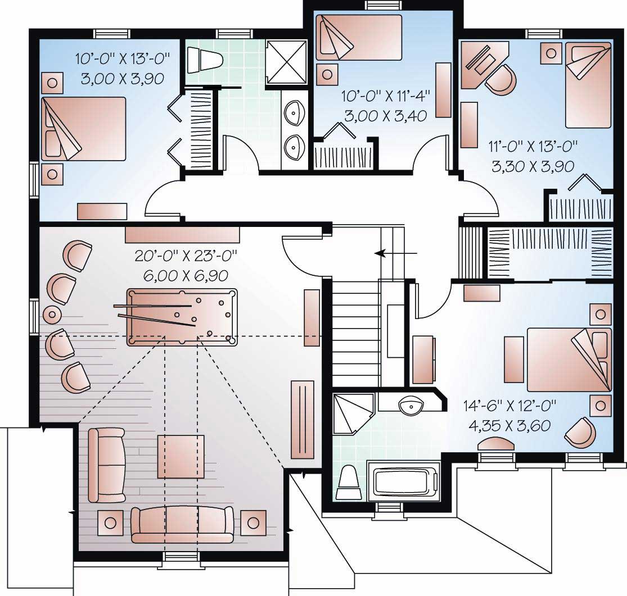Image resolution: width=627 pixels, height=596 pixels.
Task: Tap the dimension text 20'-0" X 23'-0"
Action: [x=186, y=256]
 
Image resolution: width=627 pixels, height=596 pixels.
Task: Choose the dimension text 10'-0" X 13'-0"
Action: [x=122, y=58]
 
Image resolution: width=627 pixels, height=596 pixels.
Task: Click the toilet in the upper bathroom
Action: [x=205, y=58]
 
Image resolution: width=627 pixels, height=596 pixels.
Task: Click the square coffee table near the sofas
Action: [x=181, y=456]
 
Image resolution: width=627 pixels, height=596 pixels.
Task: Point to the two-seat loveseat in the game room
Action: [x=107, y=465]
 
